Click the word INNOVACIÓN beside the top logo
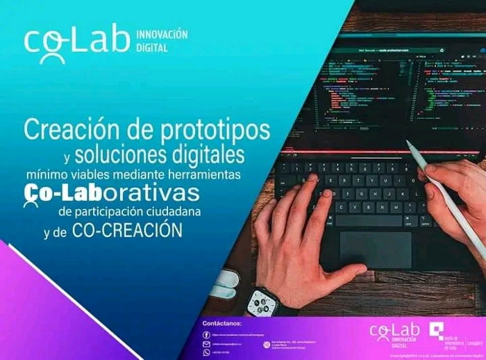tap(162, 34)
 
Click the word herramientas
tap(205, 174)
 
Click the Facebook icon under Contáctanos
tap(206, 334)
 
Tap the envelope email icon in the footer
tap(206, 343)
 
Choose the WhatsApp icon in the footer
tap(206, 352)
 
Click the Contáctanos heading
tap(222, 324)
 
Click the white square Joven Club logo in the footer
tap(436, 332)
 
